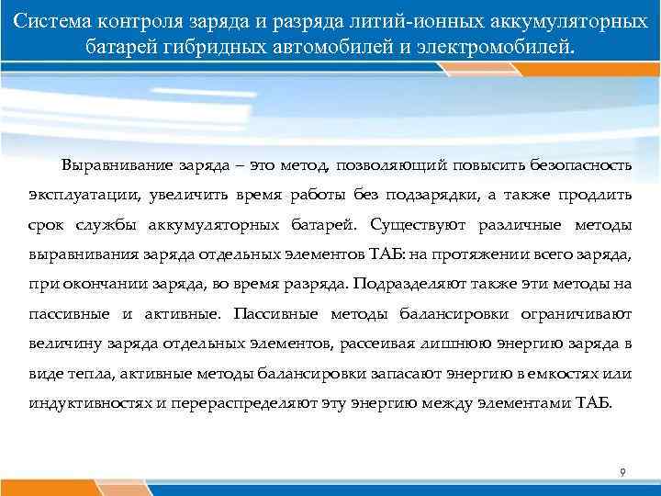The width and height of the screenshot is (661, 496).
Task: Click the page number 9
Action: (622, 472)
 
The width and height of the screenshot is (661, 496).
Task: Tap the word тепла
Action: (83, 373)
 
